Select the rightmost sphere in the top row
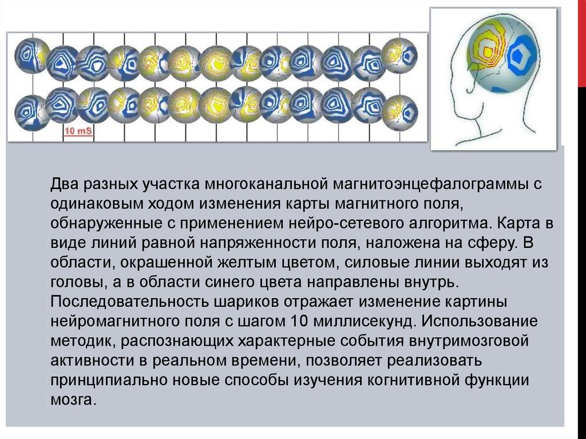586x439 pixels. coord(399,56)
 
